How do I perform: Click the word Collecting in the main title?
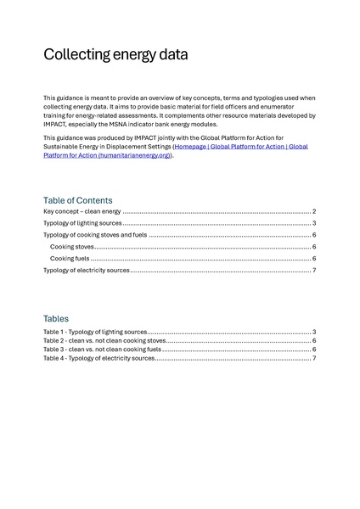click(74, 55)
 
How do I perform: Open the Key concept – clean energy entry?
click(82, 211)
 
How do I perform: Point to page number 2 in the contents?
click(314, 211)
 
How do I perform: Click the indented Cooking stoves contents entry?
click(72, 247)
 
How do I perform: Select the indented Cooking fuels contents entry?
click(70, 259)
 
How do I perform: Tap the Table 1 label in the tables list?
click(54, 332)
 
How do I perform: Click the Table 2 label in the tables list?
click(54, 340)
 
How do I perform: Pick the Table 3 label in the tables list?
click(54, 350)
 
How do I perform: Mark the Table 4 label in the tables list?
click(54, 358)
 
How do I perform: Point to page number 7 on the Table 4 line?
click(314, 358)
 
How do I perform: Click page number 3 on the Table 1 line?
click(314, 332)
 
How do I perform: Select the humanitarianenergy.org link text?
click(135, 155)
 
